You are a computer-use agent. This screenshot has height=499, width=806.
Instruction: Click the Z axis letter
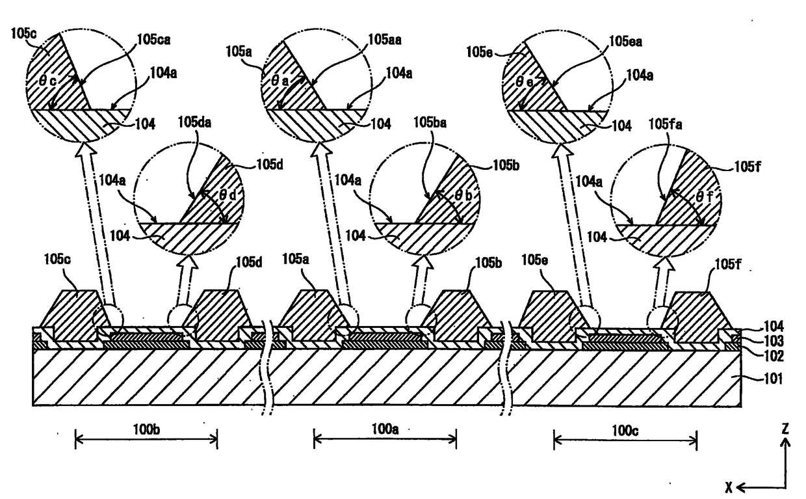[x=786, y=429]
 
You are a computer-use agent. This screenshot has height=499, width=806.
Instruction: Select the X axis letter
[x=731, y=485]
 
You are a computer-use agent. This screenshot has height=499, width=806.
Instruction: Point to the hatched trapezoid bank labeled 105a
[x=309, y=316]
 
